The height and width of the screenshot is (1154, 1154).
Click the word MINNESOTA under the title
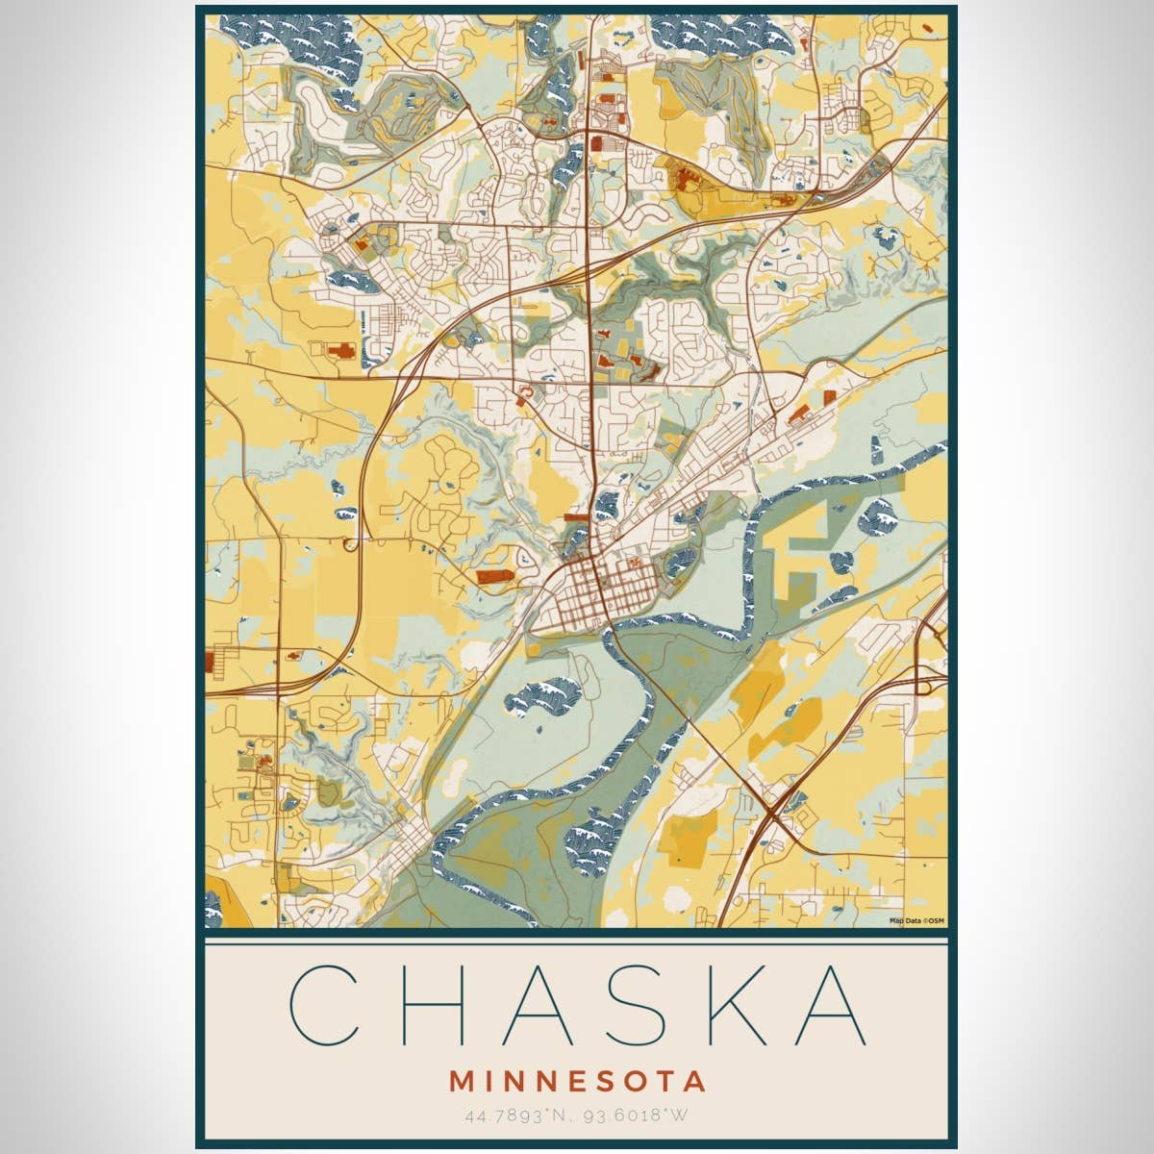click(x=577, y=1081)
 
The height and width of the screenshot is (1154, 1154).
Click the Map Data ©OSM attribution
click(x=916, y=921)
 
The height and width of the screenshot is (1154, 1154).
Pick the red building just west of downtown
click(x=494, y=575)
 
